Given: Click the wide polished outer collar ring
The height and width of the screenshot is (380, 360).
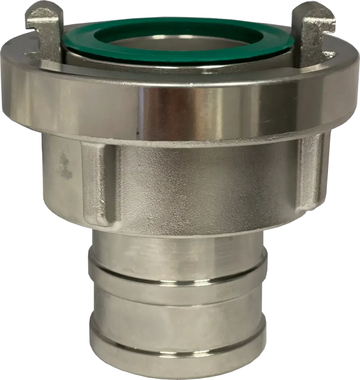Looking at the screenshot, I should click(178, 108).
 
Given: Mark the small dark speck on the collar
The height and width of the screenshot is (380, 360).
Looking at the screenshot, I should click(137, 132).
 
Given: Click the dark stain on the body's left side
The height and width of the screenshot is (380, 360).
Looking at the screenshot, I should click(65, 167).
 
